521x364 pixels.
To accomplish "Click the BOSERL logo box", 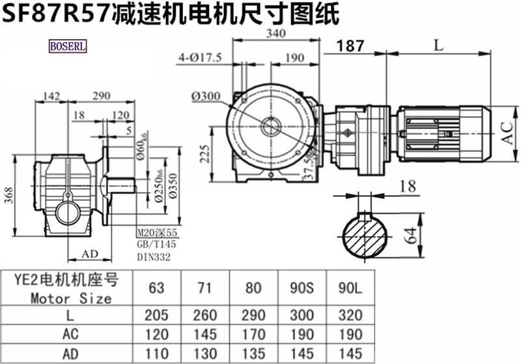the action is (x=68, y=46).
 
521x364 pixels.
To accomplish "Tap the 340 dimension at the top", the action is (x=275, y=33).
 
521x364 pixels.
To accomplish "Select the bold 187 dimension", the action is (x=350, y=46).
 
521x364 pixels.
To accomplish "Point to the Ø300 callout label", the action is (x=206, y=97).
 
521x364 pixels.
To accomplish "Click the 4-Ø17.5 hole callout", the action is (x=200, y=58).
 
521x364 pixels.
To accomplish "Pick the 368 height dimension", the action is (x=9, y=195).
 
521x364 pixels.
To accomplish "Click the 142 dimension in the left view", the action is (x=52, y=96).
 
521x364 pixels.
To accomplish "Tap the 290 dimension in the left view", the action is (x=102, y=96).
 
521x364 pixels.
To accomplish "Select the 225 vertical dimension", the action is (x=206, y=154).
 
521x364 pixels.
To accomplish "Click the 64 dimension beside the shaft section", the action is (x=412, y=235).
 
